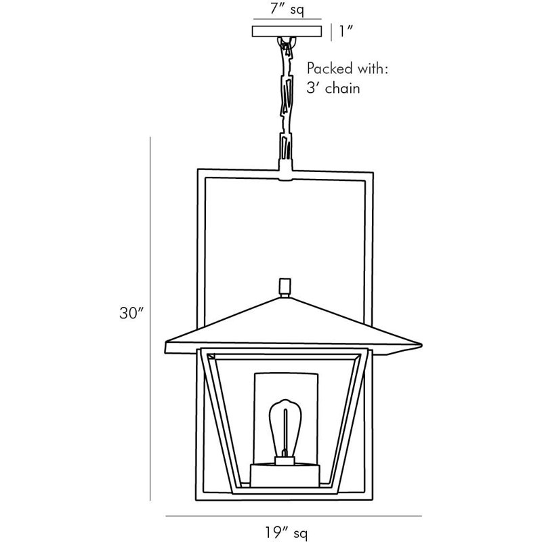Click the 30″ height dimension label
pyautogui.click(x=131, y=313)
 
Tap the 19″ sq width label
pyautogui.click(x=286, y=532)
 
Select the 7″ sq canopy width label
pyautogui.click(x=287, y=9)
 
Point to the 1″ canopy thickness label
pyautogui.click(x=346, y=31)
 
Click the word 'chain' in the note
pyautogui.click(x=343, y=88)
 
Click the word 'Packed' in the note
pyautogui.click(x=329, y=69)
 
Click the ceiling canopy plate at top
pyautogui.click(x=287, y=31)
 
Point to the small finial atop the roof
pyautogui.click(x=285, y=287)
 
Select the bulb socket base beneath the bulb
pyautogui.click(x=285, y=461)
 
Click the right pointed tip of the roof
pyautogui.click(x=421, y=345)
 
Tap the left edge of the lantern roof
pyautogui.click(x=166, y=347)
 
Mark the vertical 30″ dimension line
pyautogui.click(x=150, y=318)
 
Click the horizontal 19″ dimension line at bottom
pyautogui.click(x=293, y=516)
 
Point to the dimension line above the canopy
pyautogui.click(x=287, y=19)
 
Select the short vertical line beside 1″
pyautogui.click(x=331, y=32)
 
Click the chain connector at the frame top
pyautogui.click(x=285, y=170)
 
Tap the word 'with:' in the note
pyautogui.click(x=373, y=68)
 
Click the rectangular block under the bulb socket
pyautogui.click(x=285, y=476)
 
